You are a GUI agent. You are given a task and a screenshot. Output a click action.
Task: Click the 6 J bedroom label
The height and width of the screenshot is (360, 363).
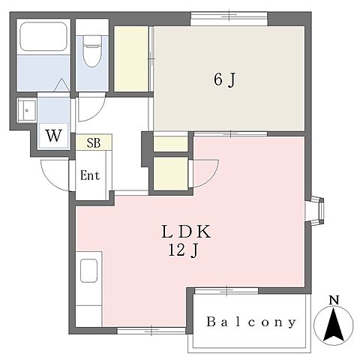[225, 80]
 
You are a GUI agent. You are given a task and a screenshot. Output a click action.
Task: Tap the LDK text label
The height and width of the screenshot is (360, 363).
[186, 232]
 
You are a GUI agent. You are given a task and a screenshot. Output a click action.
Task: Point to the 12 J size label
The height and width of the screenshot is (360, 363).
[184, 250]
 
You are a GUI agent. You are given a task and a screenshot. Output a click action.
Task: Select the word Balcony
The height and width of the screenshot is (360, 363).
[251, 322]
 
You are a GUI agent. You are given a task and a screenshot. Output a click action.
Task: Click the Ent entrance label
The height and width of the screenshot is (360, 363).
[90, 175]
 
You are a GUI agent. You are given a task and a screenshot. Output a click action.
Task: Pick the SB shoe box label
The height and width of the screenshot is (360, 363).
[94, 142]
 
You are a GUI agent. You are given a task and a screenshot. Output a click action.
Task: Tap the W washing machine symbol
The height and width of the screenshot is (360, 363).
[54, 136]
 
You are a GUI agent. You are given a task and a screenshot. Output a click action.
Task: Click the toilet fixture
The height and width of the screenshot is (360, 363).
[92, 51]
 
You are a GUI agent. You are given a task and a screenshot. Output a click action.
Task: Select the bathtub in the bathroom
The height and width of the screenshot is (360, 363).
[43, 37]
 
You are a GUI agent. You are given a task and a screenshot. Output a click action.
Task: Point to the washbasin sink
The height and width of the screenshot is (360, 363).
[27, 110]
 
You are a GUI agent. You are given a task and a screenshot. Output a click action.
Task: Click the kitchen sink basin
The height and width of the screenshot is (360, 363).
[88, 271]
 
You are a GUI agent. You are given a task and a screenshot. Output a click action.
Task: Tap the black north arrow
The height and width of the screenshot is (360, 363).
[333, 325]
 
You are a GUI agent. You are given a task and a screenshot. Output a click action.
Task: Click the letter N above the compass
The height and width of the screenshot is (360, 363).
[334, 300]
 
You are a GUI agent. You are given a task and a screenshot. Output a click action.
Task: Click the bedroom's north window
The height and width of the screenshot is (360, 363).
[229, 18]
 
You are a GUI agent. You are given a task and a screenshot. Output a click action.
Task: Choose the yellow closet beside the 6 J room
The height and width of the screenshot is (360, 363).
[131, 59]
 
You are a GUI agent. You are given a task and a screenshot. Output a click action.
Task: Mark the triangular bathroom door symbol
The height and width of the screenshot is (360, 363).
[61, 85]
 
